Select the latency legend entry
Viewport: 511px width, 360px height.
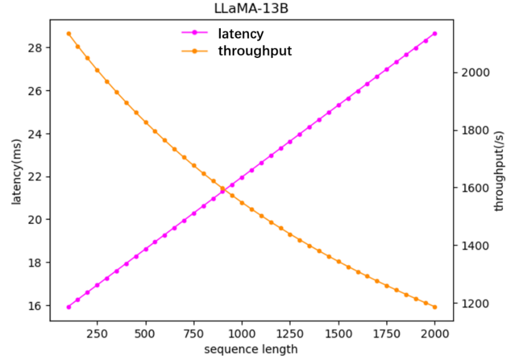tap(240, 34)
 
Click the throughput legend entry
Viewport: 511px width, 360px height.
tap(255, 51)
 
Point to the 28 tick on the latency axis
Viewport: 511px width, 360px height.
tap(36, 48)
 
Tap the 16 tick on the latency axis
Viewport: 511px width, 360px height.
tap(36, 306)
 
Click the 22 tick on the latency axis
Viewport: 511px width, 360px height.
tap(36, 177)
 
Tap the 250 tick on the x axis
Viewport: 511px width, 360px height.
tap(97, 334)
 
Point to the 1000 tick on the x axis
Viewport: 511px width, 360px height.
tap(242, 334)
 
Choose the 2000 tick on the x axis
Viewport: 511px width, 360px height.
tap(435, 334)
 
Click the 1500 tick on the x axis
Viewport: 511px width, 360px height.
tap(338, 334)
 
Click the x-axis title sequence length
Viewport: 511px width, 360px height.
tap(251, 349)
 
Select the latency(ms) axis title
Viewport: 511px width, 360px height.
tap(17, 177)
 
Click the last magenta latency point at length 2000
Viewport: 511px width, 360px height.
tap(435, 34)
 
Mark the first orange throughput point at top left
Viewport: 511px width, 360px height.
tap(69, 34)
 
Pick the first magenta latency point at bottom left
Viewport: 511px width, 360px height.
tap(69, 307)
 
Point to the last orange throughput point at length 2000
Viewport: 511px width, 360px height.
tap(435, 307)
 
